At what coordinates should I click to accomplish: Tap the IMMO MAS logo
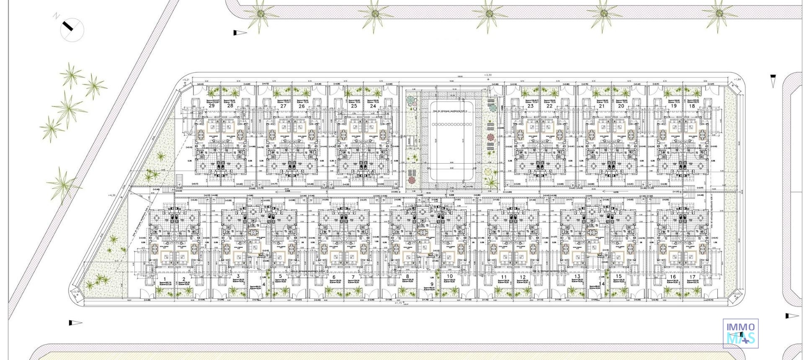tap(740, 333)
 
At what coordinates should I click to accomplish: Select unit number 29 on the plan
tap(211, 106)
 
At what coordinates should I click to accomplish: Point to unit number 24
tap(373, 106)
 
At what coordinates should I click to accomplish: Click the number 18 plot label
tap(692, 106)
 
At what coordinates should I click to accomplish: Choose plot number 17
tap(692, 277)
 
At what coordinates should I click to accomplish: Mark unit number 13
tap(577, 277)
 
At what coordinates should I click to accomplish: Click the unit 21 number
tap(602, 106)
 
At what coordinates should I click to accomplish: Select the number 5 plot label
tap(280, 277)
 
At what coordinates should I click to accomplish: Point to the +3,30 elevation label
tap(487, 75)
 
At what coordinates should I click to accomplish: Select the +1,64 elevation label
tap(737, 80)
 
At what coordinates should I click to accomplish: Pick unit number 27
tap(283, 106)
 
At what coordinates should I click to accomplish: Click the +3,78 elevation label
tap(75, 292)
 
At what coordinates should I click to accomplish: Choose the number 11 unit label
tap(504, 277)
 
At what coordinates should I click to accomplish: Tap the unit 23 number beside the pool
tap(531, 106)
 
